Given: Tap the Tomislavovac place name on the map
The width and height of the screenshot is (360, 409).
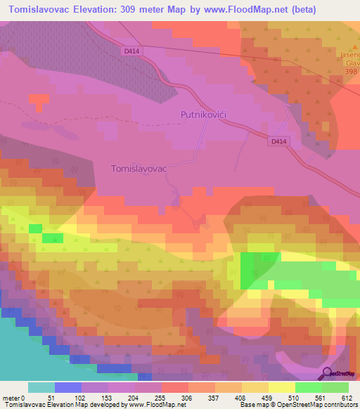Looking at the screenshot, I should tap(139, 169).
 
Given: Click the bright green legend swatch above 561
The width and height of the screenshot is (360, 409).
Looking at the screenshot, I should tap(309, 387).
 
